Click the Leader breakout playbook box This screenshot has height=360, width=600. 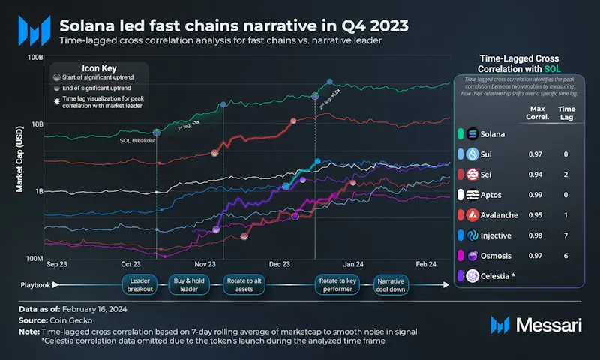(140, 284)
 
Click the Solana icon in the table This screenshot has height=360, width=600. (472, 135)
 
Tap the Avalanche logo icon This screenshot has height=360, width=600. (472, 215)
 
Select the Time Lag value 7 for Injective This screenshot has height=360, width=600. (565, 235)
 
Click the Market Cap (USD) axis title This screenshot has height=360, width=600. (20, 158)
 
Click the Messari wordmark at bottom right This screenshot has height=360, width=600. (548, 324)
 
